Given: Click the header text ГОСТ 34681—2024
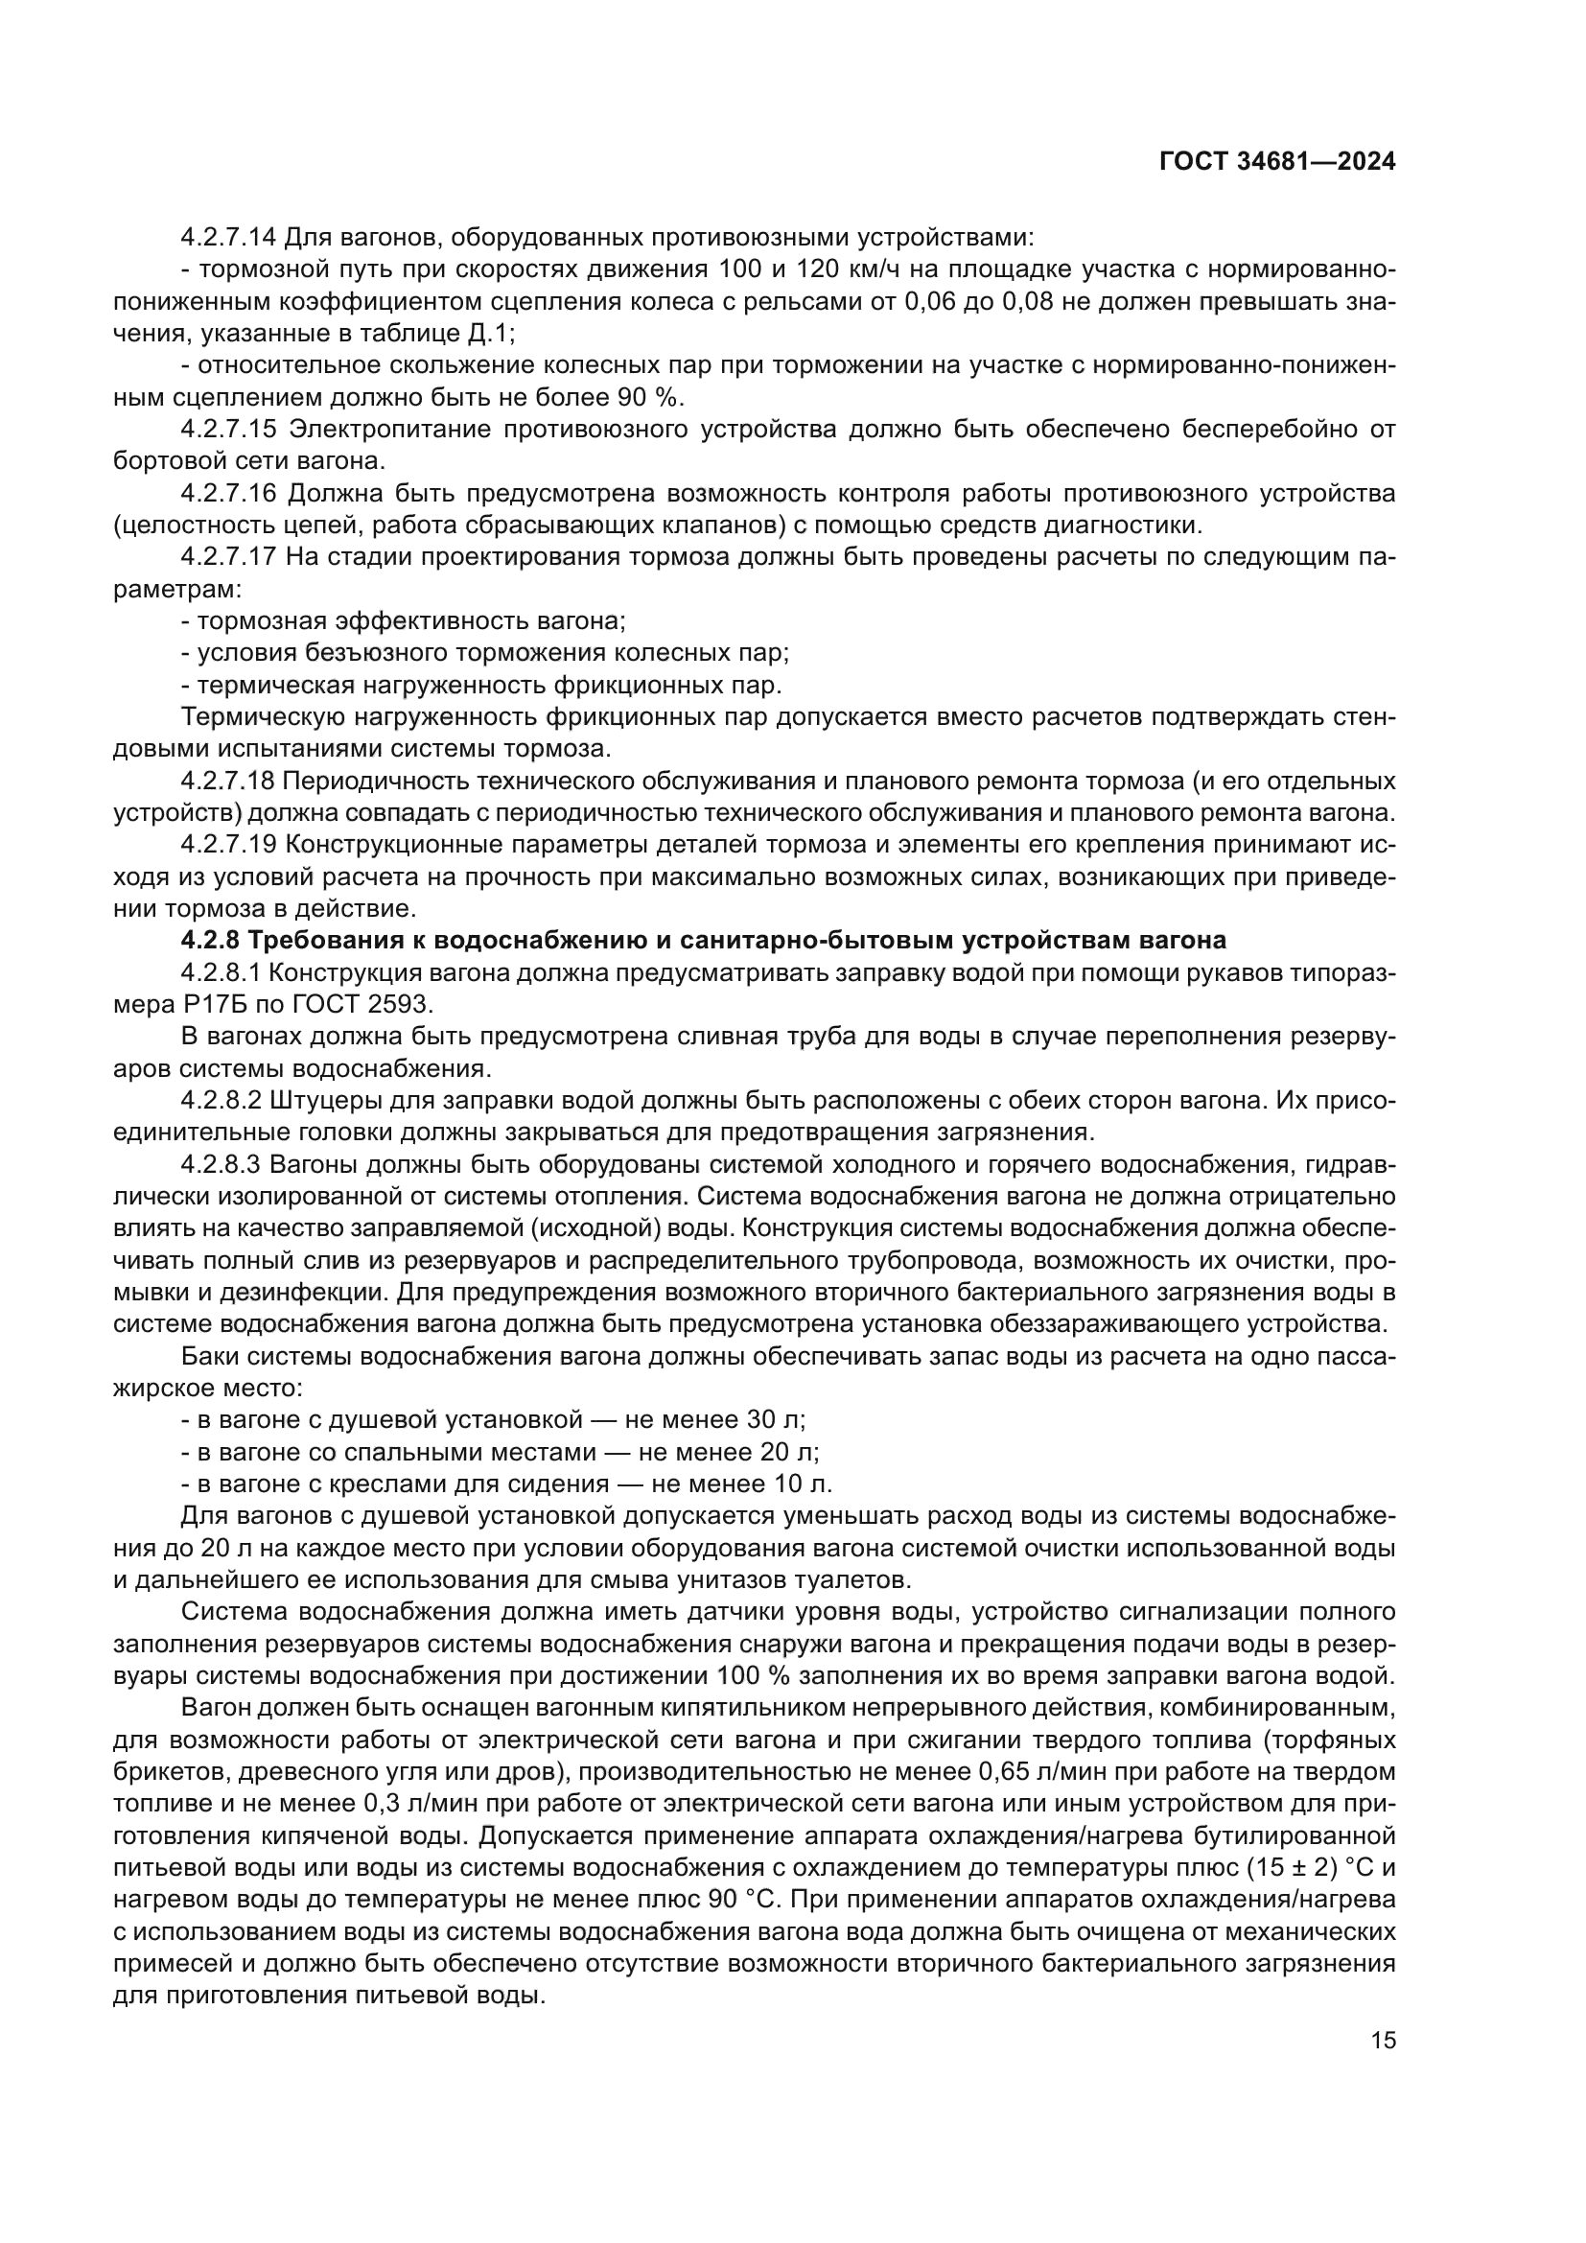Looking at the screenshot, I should click(x=1277, y=162).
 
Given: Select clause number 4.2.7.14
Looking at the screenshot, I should click(x=229, y=238).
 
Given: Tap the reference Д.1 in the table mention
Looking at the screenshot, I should click(x=485, y=333).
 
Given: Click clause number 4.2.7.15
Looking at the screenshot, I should click(x=229, y=430).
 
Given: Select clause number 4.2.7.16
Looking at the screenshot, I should click(x=229, y=493).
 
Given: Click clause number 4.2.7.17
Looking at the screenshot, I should click(x=229, y=557).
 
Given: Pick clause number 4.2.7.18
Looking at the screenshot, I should click(x=229, y=782).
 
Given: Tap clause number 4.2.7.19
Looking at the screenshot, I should click(x=229, y=845).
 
